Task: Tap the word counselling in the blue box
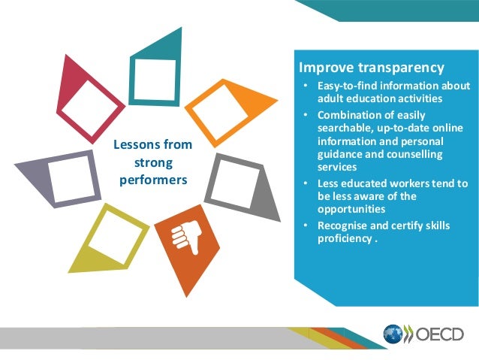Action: click(415, 154)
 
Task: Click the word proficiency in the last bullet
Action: click(344, 239)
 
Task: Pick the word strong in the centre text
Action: click(152, 162)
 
